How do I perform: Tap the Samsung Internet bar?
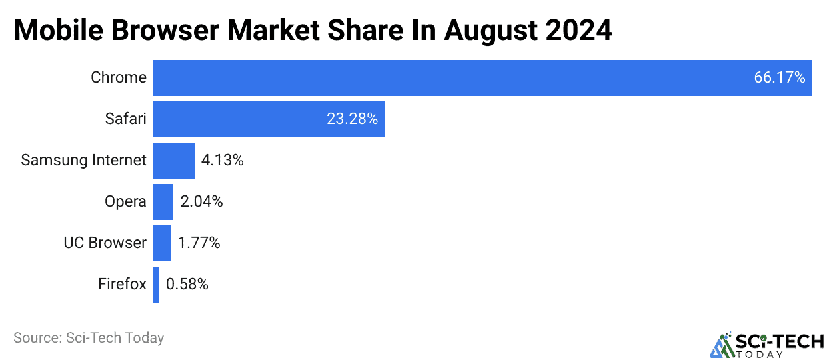pyautogui.click(x=174, y=161)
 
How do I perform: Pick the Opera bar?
pyautogui.click(x=163, y=202)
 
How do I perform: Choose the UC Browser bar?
pyautogui.click(x=162, y=243)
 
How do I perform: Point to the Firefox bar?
pyautogui.click(x=156, y=285)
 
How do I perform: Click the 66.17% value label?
pyautogui.click(x=780, y=78)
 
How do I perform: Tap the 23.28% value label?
pyautogui.click(x=352, y=119)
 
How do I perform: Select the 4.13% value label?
pyautogui.click(x=223, y=161)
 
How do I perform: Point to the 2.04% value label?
pyautogui.click(x=201, y=202)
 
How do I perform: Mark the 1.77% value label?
pyautogui.click(x=199, y=243)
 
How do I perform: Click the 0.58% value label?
pyautogui.click(x=187, y=285)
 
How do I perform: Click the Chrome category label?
pyautogui.click(x=119, y=78)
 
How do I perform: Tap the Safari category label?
pyautogui.click(x=125, y=119)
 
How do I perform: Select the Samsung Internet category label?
pyautogui.click(x=83, y=161)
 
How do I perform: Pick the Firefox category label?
pyautogui.click(x=122, y=285)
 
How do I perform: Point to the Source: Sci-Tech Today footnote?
pyautogui.click(x=89, y=338)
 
